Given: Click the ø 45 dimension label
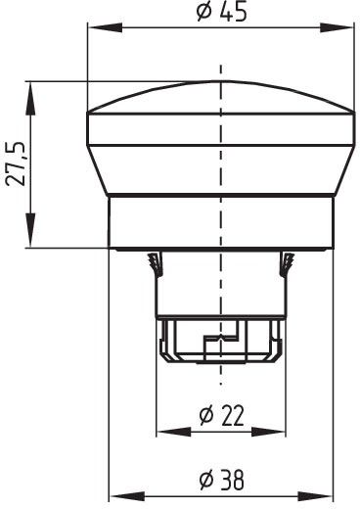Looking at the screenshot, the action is point(222,13).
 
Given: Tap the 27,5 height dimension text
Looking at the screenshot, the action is point(16,163).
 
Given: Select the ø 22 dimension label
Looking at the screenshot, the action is point(221,415).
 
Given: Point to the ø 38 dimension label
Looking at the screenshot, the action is point(221,480).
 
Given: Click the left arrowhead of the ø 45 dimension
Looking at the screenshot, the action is point(105,27).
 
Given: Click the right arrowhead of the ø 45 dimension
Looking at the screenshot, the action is point(337,27).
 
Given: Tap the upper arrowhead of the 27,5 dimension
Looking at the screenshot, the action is point(30,98).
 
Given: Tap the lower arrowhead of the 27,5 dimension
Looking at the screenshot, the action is point(30,230).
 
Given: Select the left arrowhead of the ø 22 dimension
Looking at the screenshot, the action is point(174,432).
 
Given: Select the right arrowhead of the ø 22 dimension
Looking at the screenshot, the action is point(268,432).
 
